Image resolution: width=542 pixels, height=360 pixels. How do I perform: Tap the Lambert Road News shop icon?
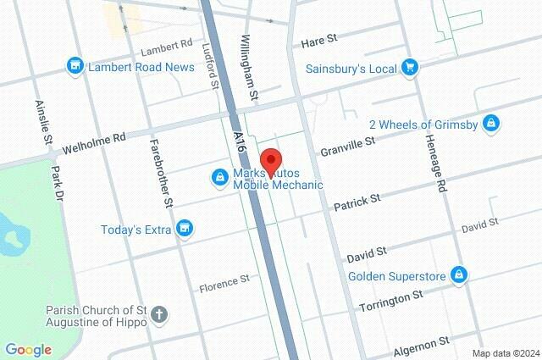75,65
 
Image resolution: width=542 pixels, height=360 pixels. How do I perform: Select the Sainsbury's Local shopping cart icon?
410,66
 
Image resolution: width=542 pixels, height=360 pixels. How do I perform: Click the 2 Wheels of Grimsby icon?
489,124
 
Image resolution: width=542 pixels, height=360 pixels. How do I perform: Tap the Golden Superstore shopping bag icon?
458,275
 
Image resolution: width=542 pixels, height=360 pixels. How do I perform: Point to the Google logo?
28,349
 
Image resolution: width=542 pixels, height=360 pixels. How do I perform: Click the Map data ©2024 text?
505,353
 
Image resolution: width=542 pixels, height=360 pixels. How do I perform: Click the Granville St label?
347,146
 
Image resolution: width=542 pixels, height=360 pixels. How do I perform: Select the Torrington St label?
390,300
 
